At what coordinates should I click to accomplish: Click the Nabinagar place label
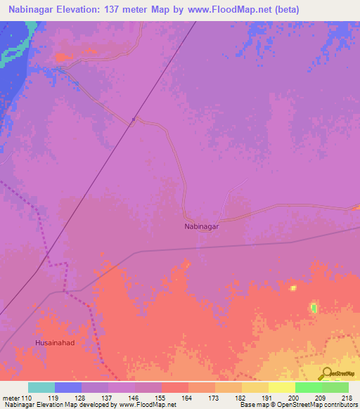tap(201, 227)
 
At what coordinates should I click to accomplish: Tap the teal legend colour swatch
tap(41, 387)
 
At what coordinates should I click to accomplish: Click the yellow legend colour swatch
tap(281, 387)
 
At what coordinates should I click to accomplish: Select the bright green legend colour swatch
tap(308, 387)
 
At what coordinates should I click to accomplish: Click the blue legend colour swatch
tap(67, 387)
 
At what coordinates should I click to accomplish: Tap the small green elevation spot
tap(313, 308)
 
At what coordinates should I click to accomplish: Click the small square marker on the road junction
tap(133, 120)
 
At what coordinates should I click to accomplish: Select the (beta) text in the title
tap(300, 9)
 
